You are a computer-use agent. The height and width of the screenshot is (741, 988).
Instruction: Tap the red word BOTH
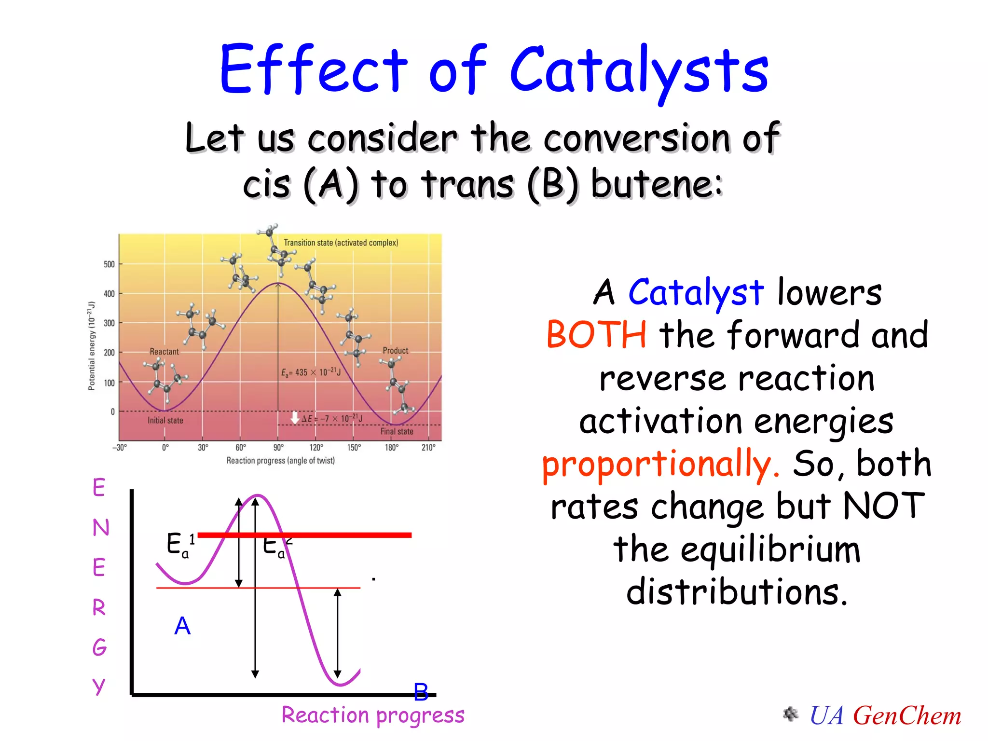[x=596, y=335]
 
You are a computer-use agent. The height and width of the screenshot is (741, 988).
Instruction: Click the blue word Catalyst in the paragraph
[x=696, y=292]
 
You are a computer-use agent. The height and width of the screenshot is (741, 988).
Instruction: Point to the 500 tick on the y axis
[x=109, y=264]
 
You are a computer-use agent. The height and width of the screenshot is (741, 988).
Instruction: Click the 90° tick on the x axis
[x=278, y=447]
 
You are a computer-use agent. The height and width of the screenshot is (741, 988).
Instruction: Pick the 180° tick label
[x=391, y=447]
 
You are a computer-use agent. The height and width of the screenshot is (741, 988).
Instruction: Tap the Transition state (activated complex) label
[x=341, y=243]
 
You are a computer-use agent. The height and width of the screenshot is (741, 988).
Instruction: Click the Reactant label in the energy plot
[x=164, y=352]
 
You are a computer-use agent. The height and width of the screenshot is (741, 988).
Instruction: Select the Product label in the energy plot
[x=395, y=351]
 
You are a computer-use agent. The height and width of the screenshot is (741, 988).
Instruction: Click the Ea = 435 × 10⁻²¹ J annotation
[x=311, y=372]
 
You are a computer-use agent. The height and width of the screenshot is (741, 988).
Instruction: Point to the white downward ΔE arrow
[x=295, y=417]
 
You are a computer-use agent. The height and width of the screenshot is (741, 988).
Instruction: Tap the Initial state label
[x=165, y=421]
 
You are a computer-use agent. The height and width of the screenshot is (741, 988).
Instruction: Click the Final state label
[x=397, y=431]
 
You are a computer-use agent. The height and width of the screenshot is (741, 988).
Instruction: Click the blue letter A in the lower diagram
[x=182, y=626]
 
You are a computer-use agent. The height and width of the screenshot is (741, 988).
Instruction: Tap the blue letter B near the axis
[x=421, y=692]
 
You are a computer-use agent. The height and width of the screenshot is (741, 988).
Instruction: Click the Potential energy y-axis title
[x=92, y=346]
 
